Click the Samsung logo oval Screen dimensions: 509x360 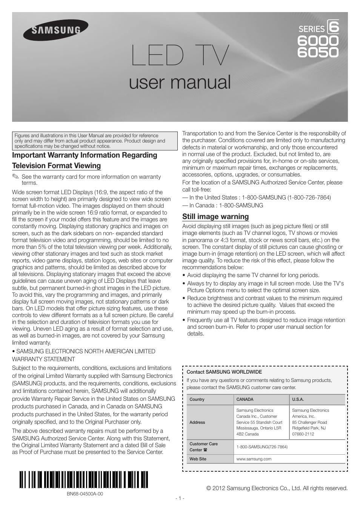[x=56, y=30]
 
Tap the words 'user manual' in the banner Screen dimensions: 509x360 [x=180, y=82]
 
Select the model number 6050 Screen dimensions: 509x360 [x=318, y=52]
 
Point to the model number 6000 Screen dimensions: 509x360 [x=318, y=40]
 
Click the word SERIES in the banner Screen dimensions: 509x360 [x=311, y=29]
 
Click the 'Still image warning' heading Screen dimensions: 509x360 [x=215, y=216]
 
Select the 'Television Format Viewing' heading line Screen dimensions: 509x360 [x=56, y=166]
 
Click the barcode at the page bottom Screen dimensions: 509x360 [x=83, y=480]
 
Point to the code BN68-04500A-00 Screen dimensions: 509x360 [x=85, y=494]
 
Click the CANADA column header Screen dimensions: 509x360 [x=245, y=399]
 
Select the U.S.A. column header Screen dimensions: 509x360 [x=298, y=399]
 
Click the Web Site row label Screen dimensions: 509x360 [x=198, y=459]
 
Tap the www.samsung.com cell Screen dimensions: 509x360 [x=254, y=459]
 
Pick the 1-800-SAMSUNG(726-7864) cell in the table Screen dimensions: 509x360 [x=262, y=447]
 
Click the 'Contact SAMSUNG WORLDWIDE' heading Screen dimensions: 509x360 [x=224, y=372]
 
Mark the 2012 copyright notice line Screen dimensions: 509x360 [x=277, y=488]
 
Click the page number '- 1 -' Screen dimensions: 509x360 [x=180, y=498]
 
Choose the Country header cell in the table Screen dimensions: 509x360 [x=197, y=399]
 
